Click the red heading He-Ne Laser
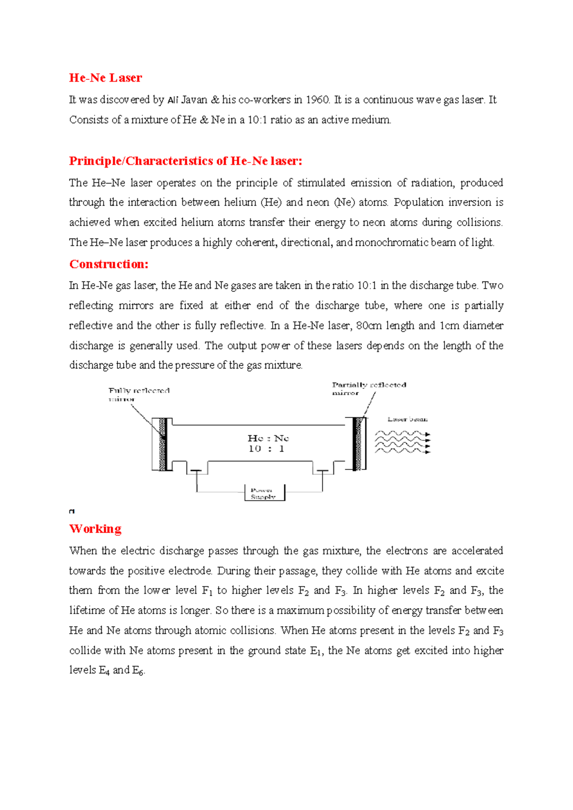[x=106, y=78]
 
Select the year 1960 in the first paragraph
[x=317, y=100]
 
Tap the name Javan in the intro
[x=194, y=100]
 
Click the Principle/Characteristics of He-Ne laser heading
[x=185, y=161]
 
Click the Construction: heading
[x=109, y=264]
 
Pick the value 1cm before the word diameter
[x=449, y=326]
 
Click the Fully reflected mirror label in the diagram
[x=138, y=394]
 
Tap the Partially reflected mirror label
[x=369, y=388]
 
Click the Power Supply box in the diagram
[x=264, y=493]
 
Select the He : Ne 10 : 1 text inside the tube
[x=267, y=443]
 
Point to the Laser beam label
[x=407, y=419]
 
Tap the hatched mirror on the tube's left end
[x=163, y=444]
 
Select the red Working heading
[x=95, y=529]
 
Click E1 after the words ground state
[x=316, y=651]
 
